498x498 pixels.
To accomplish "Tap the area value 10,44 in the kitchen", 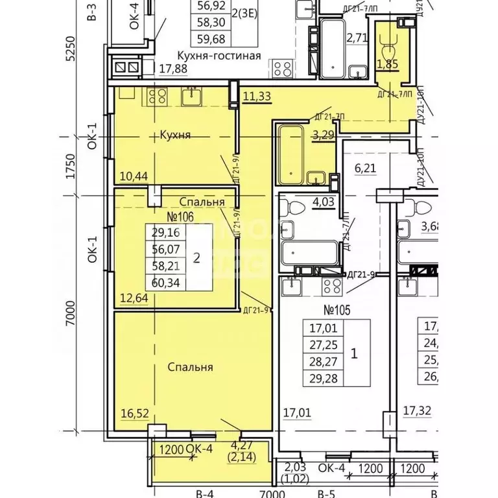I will pos(134,176).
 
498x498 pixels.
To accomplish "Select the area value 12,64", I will pos(134,298).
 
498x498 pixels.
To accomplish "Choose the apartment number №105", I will pos(337,309).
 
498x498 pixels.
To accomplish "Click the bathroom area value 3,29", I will pos(324,136).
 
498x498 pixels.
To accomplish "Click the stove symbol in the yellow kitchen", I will pos(158,97).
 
